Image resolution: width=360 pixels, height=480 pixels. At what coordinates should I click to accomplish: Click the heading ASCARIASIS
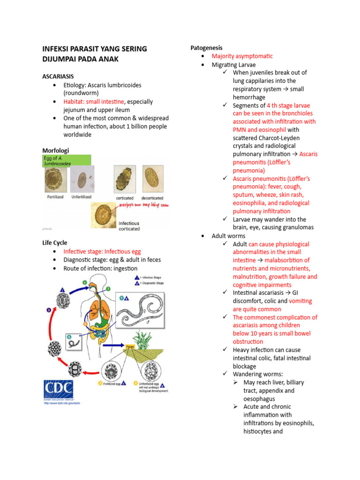point(58,76)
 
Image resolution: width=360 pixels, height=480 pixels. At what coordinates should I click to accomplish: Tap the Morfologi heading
point(55,150)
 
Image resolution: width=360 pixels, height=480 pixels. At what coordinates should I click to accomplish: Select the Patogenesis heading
point(206,48)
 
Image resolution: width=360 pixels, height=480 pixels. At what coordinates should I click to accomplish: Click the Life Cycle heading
point(54,243)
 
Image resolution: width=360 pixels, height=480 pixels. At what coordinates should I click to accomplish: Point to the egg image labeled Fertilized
point(54,180)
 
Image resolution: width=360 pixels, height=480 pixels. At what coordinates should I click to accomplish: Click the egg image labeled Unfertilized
point(82,180)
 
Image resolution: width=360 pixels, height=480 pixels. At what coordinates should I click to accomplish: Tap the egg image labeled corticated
point(124,179)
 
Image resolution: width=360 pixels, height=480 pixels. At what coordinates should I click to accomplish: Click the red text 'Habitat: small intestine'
point(94,102)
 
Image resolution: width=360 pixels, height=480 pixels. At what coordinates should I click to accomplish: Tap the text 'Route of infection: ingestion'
point(100,269)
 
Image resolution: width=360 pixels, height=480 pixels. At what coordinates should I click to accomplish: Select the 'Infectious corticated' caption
point(129,226)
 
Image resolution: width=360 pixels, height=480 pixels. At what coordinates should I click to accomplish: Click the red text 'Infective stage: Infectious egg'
point(102,252)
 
